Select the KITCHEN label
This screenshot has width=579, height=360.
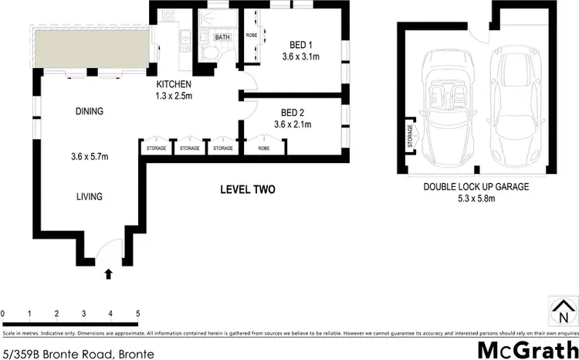[x=174, y=84]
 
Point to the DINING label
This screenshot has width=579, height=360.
[x=90, y=111]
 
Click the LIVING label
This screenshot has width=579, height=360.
[x=89, y=197]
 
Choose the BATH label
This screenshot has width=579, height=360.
[x=222, y=37]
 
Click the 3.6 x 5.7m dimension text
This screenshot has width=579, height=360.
[x=89, y=157]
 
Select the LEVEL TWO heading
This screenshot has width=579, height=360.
[x=247, y=189]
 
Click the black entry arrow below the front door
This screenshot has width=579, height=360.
[x=108, y=273]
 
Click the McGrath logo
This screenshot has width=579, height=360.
[x=525, y=349]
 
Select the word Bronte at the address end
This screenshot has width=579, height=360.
[x=137, y=354]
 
